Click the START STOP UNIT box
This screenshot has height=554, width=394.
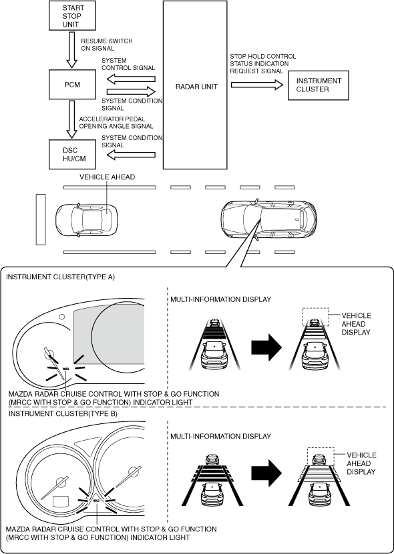coord(72,15)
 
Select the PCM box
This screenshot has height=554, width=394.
coord(72,85)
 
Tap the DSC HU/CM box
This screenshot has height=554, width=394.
coord(72,155)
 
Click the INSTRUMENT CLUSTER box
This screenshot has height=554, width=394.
coord(319,85)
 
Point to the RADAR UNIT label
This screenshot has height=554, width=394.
coord(196,87)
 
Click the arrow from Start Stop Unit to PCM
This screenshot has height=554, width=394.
coord(72,50)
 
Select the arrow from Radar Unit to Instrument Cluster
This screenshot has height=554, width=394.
coord(257,85)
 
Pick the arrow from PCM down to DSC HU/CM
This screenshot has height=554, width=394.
coord(72,119)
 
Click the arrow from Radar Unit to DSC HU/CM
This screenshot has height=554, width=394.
coord(131,155)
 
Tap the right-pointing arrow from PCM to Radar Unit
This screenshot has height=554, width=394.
coord(131,91)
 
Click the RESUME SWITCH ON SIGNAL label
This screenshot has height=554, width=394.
coord(107,45)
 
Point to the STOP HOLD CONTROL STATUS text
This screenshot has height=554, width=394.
coord(262,60)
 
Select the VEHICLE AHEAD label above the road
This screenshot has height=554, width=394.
coord(108,177)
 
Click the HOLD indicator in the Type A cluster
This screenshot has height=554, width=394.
coord(65,369)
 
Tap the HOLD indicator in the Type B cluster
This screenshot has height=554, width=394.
coord(96,501)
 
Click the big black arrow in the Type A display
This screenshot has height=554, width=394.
coord(266,347)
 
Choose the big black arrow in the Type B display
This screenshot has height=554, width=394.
coord(266,473)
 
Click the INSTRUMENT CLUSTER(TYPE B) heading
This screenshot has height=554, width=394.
coord(63,413)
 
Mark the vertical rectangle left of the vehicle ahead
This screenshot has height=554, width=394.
coord(41,219)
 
